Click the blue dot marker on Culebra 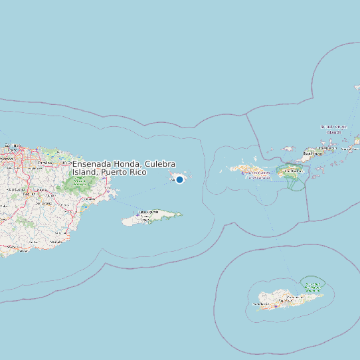tap(179, 179)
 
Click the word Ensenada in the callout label tap(93, 164)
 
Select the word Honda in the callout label tap(128, 164)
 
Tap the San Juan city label tap(13, 145)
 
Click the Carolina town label tap(45, 162)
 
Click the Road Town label tap(313, 153)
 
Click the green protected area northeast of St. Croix tap(310, 286)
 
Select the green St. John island tap(293, 173)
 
